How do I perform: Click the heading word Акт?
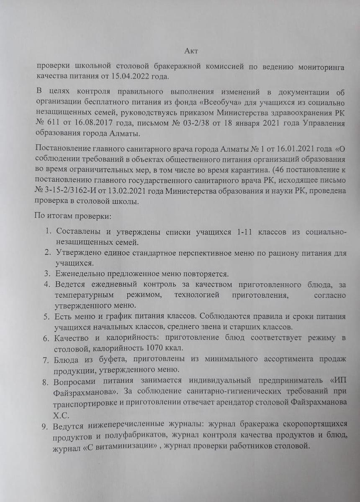[x=191, y=51]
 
